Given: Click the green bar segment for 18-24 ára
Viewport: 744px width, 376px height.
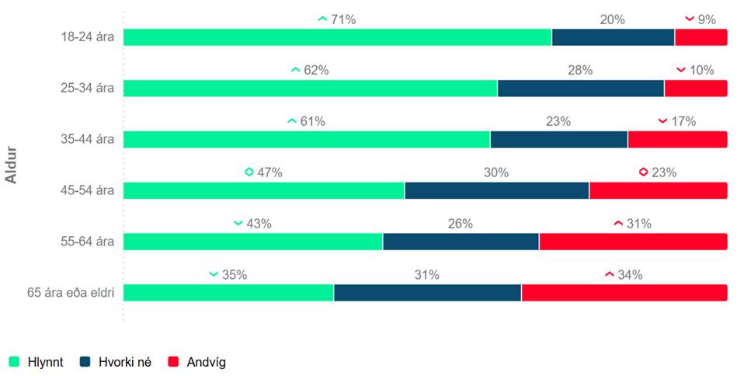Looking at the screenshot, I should (x=337, y=37).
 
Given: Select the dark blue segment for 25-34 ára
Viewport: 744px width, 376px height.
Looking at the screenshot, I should (x=580, y=89).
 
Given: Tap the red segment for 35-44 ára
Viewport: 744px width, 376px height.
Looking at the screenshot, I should (x=677, y=140).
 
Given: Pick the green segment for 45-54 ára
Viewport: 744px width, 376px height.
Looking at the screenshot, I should (x=264, y=191).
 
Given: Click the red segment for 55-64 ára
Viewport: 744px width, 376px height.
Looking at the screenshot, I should (x=633, y=242).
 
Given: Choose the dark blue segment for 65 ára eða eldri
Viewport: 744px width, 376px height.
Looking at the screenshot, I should (x=427, y=293).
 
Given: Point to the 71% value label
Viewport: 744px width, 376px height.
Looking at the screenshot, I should (x=343, y=19).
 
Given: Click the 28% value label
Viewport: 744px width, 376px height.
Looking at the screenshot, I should (x=580, y=71).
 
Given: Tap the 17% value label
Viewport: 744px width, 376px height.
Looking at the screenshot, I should (x=683, y=122).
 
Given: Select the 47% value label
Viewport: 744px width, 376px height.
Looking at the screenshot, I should (x=269, y=172).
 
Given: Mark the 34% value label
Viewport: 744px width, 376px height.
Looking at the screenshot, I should (x=630, y=275).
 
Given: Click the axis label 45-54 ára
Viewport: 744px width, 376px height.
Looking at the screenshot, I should (x=89, y=191).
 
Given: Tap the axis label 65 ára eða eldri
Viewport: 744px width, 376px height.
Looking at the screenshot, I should (x=71, y=293).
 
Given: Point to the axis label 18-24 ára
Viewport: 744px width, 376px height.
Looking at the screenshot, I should (x=89, y=37).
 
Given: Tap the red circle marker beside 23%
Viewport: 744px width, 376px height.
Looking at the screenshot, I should (x=643, y=172).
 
